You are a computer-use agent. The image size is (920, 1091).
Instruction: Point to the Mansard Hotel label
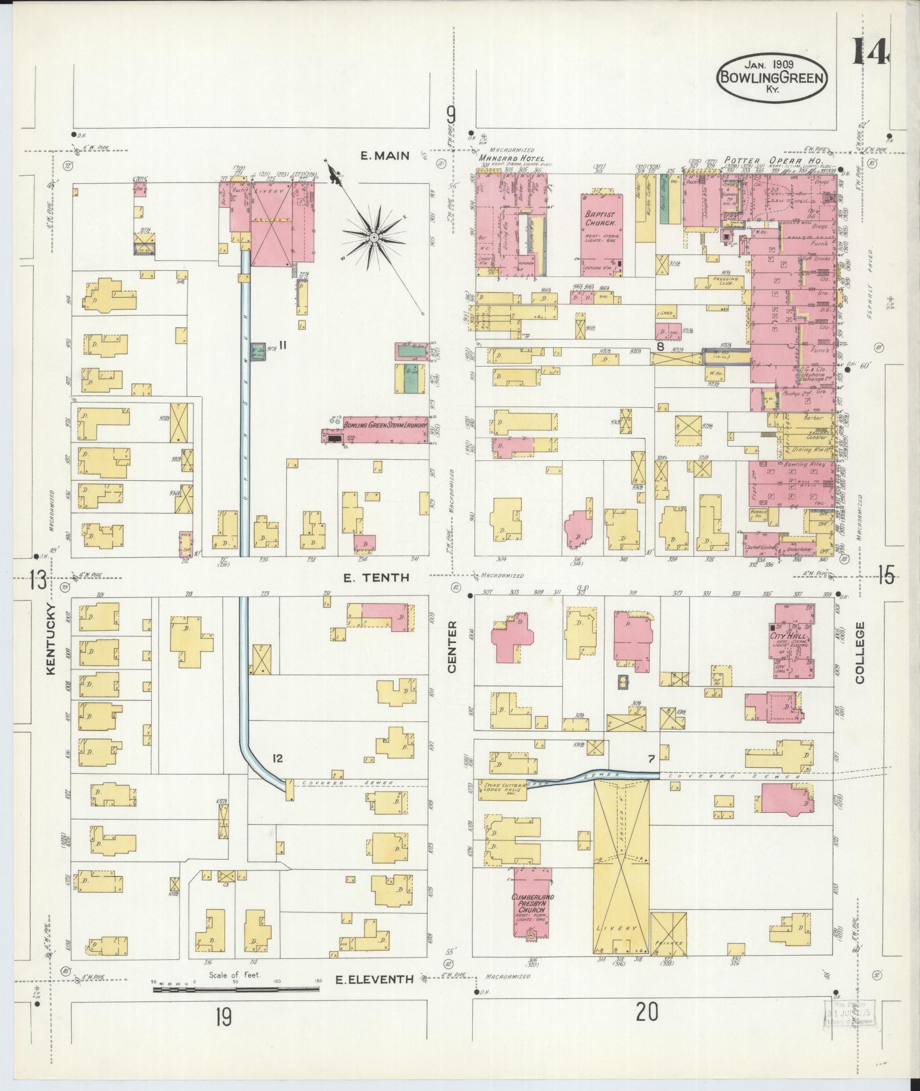[x=511, y=158]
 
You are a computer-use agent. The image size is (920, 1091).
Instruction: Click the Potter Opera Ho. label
[x=773, y=161]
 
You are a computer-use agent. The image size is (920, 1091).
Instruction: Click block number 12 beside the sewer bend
[x=277, y=758]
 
